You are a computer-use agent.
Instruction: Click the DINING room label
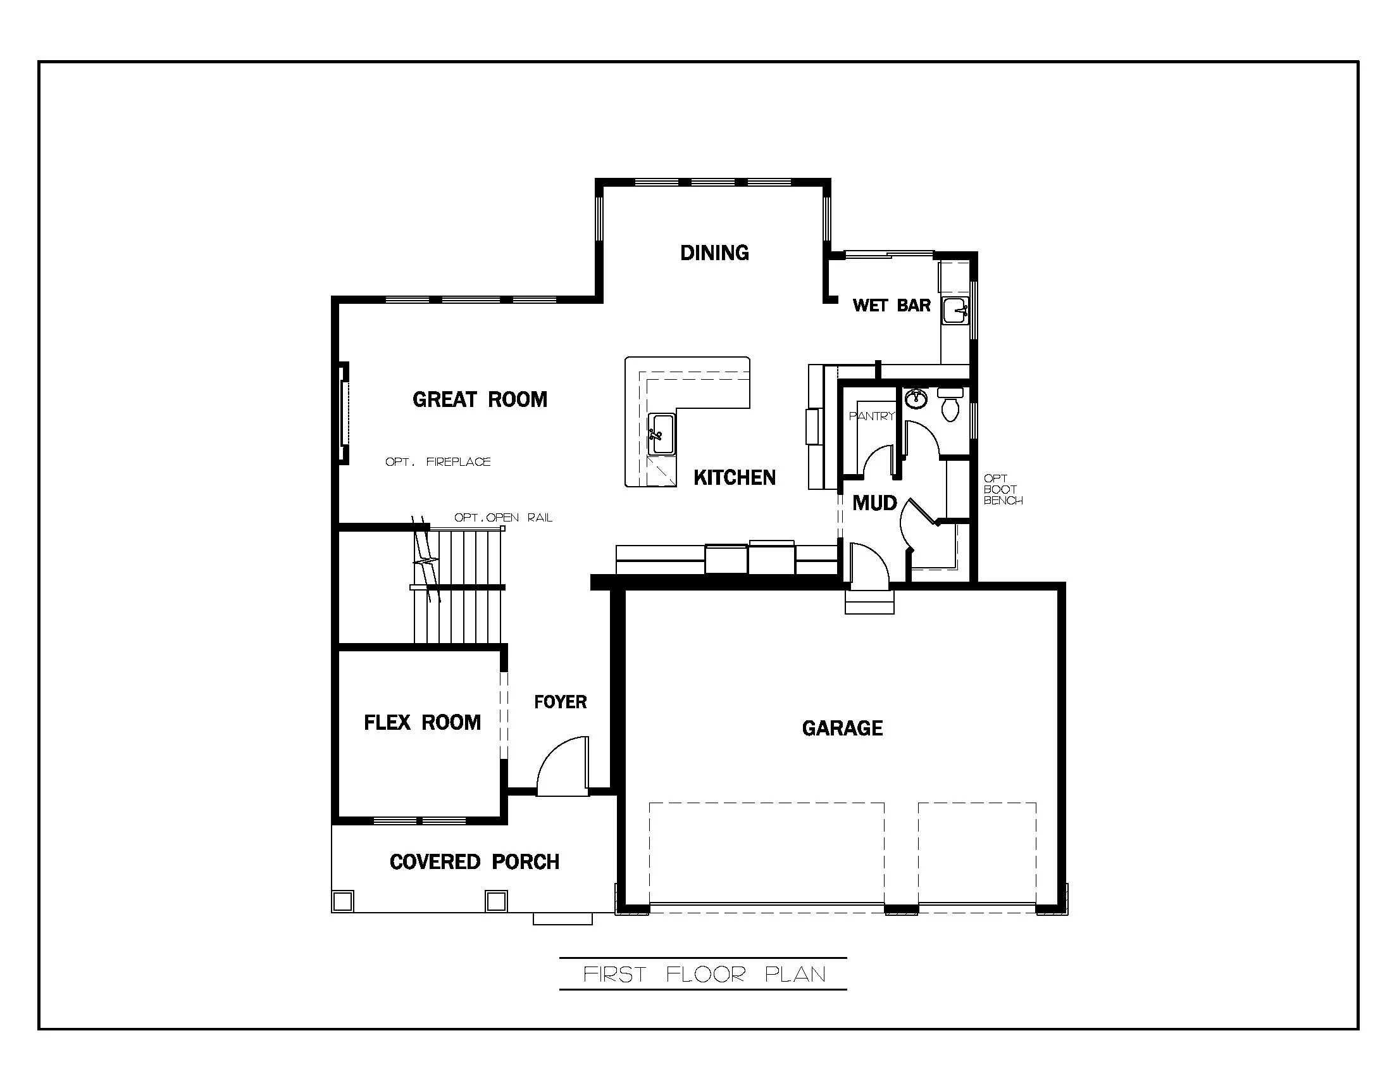click(714, 253)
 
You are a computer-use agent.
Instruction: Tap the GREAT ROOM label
click(480, 399)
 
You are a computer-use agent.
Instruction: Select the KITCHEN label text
click(734, 477)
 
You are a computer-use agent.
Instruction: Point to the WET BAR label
click(891, 305)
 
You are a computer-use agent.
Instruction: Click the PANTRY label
click(871, 416)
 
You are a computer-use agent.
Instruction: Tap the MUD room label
click(874, 503)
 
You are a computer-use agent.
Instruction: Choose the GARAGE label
click(842, 728)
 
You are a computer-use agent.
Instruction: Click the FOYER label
click(559, 702)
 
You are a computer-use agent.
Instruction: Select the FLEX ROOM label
click(422, 722)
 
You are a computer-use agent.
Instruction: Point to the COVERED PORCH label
click(474, 862)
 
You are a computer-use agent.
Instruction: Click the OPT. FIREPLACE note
click(438, 461)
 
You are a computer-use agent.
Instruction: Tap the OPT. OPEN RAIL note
click(503, 518)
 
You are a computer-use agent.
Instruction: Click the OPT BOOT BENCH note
click(1002, 489)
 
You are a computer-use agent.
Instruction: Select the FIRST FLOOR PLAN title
click(704, 975)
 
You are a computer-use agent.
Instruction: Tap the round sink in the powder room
click(916, 399)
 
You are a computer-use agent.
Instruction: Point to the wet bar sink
click(955, 311)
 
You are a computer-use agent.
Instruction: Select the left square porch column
click(343, 901)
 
